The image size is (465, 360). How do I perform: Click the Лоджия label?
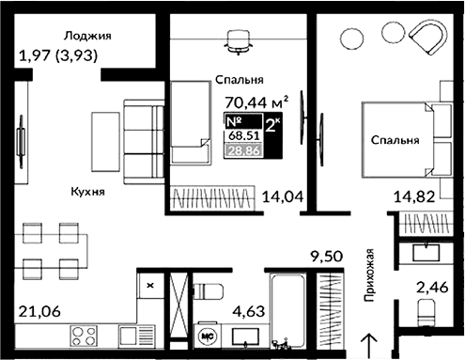click(x=87, y=36)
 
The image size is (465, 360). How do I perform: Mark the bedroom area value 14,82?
click(x=413, y=197)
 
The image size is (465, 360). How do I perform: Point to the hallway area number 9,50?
click(x=328, y=255)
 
